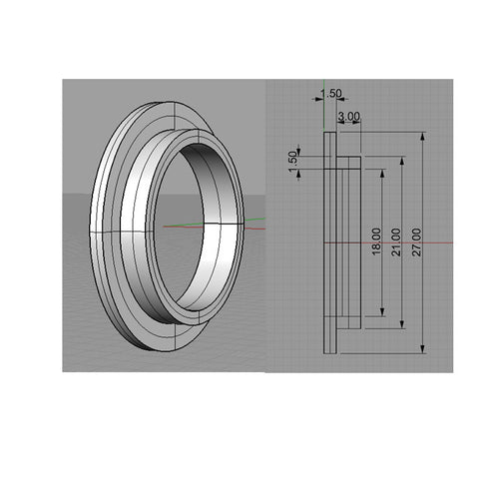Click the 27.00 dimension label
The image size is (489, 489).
point(417,241)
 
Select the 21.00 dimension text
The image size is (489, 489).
point(396,241)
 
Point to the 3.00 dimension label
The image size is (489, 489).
point(349,117)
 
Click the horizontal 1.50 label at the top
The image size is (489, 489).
point(330,94)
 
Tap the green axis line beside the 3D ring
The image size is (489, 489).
point(254,221)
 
